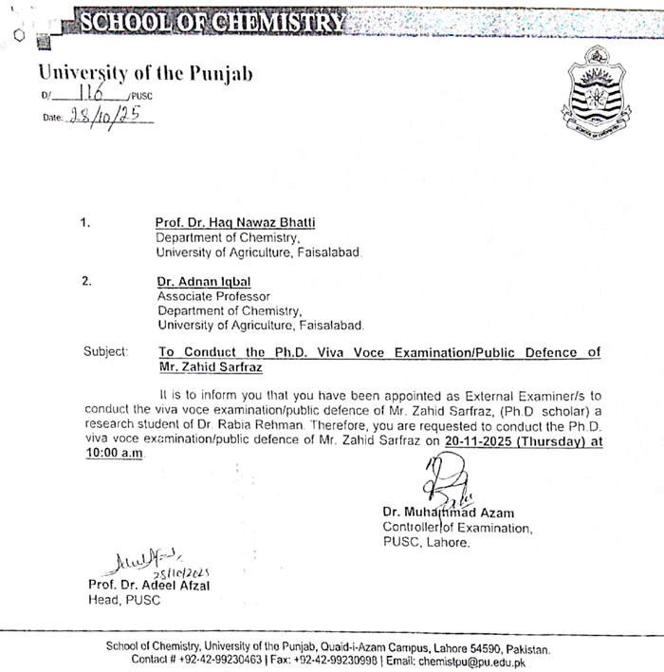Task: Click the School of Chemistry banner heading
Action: coord(212,21)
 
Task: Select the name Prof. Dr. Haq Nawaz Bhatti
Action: coord(235,223)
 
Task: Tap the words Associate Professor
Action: coord(213,297)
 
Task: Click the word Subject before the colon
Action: coord(104,352)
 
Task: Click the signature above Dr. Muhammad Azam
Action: coord(451,479)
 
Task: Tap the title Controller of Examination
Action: coord(457,528)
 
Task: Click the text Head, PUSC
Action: coord(124,600)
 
